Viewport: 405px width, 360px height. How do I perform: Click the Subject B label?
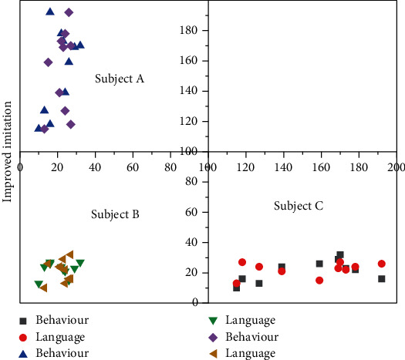[114, 214]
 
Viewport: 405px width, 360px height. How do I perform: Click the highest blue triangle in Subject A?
[50, 12]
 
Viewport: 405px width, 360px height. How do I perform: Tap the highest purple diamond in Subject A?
[69, 12]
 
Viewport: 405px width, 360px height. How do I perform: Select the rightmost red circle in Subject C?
[381, 264]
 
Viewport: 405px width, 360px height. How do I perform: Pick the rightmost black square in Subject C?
[381, 278]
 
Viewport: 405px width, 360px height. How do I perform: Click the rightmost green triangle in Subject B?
[79, 263]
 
